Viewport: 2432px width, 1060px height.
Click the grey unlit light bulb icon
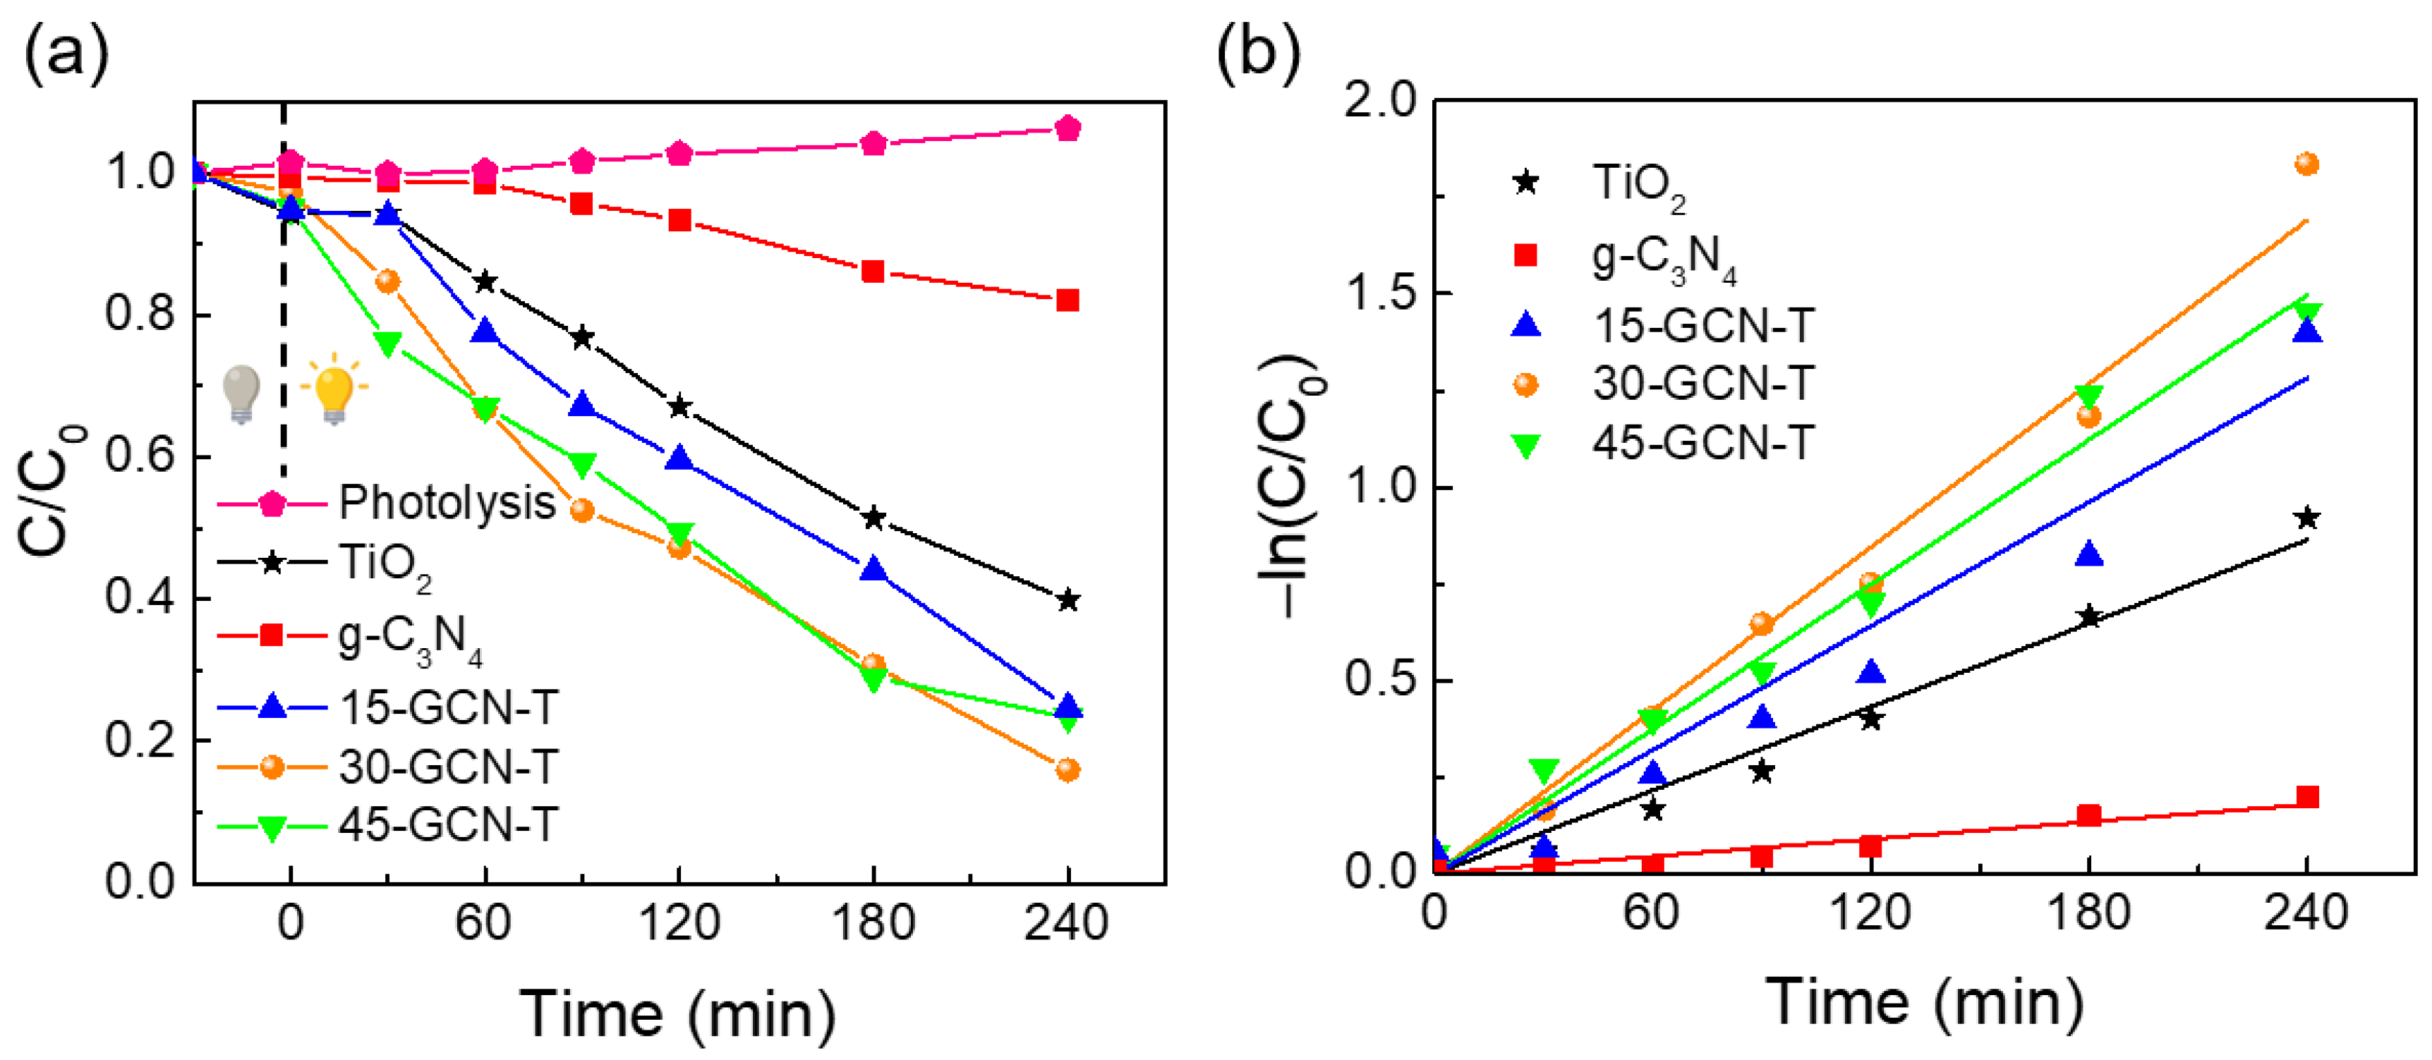241,394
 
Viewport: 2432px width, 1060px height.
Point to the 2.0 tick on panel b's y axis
1380,100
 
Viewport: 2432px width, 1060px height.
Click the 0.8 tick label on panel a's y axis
140,313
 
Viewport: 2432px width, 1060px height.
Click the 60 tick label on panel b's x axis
1651,913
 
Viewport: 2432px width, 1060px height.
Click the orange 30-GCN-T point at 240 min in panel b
2306,165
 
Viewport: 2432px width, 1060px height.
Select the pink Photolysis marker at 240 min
1067,128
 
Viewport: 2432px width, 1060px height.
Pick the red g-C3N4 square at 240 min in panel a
1067,301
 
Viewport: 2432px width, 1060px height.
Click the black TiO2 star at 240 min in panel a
1067,600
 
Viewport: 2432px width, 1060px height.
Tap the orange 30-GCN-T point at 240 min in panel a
1067,769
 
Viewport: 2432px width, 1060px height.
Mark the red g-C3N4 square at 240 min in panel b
2306,798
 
